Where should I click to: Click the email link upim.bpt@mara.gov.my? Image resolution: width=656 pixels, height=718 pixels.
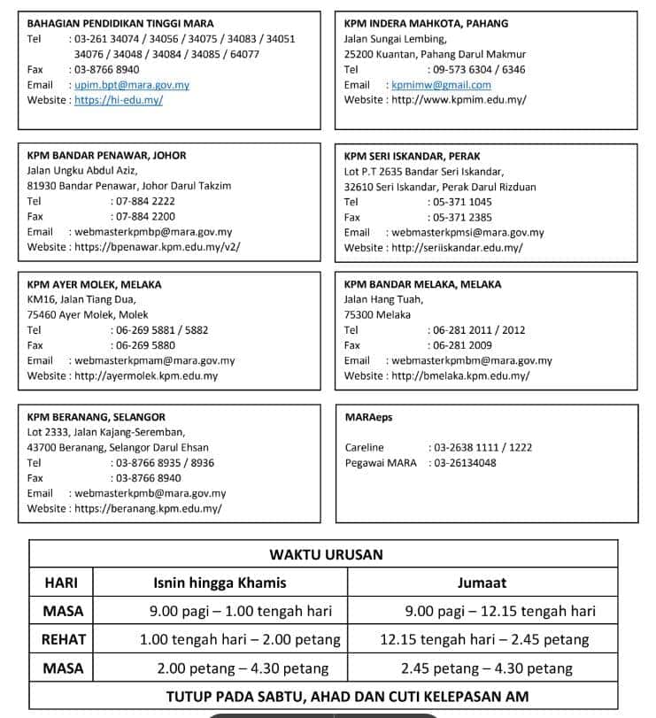[x=132, y=85]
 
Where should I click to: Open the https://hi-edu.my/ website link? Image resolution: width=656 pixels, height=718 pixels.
[x=119, y=100]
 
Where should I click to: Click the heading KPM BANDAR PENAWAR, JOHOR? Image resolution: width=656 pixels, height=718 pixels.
[x=107, y=155]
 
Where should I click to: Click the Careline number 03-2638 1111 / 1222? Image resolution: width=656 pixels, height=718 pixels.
[x=481, y=447]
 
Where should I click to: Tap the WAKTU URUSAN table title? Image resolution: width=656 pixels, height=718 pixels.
[x=326, y=555]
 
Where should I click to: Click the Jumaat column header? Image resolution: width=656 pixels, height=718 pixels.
[x=482, y=583]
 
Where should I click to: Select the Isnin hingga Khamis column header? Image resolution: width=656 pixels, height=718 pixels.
[x=220, y=583]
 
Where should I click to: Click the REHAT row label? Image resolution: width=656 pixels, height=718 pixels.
[x=63, y=639]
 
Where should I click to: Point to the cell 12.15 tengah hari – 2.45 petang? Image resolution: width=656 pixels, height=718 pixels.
[x=484, y=639]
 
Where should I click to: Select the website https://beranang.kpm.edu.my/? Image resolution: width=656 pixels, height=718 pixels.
[x=148, y=508]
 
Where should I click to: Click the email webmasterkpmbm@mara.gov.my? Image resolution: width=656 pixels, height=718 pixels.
[x=471, y=360]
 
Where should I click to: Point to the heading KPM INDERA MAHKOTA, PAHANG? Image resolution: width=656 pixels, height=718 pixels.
[x=426, y=24]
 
